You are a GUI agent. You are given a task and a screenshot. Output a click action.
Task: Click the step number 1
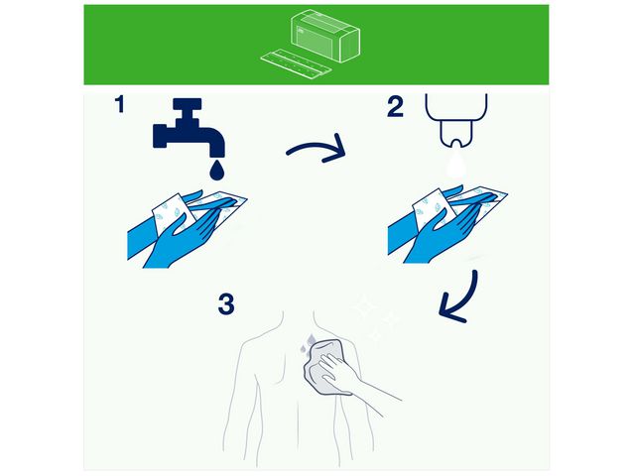pos(120,104)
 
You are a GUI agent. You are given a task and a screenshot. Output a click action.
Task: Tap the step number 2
pos(395,107)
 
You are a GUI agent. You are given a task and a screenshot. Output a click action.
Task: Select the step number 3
pos(226,304)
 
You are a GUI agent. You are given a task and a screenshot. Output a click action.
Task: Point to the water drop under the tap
pos(216,170)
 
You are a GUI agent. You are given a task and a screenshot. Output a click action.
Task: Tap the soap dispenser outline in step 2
pos(456,119)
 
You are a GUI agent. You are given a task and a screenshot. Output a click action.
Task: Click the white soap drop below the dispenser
pos(456,164)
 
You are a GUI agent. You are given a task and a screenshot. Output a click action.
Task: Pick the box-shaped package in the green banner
pos(325,36)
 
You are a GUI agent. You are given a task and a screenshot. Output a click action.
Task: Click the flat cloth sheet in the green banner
pos(296,62)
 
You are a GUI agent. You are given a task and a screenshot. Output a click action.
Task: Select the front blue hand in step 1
pos(183,239)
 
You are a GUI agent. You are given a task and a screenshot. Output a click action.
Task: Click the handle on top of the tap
pos(187,104)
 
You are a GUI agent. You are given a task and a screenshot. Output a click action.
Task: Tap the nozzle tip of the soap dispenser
pos(456,144)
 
